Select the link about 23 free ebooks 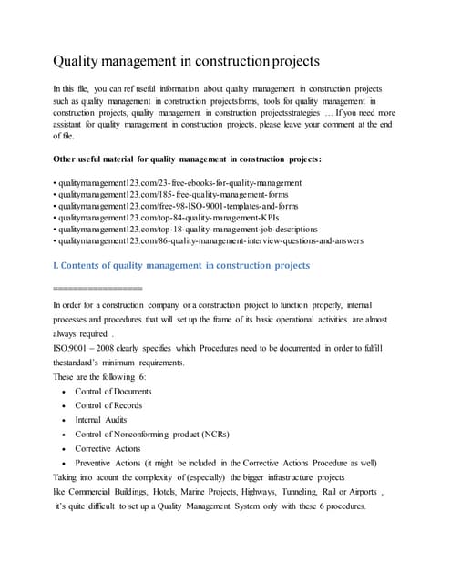(178, 183)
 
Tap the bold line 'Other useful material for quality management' (187, 159)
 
